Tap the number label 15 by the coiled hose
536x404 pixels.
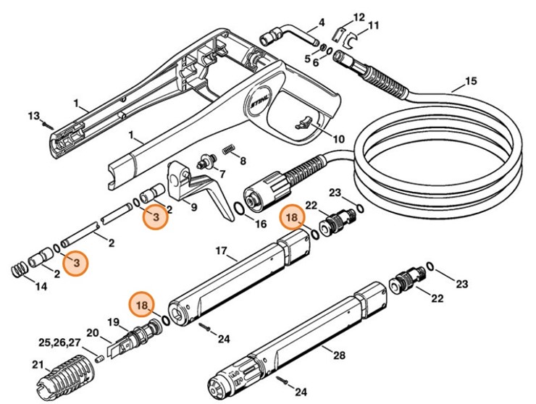[x=471, y=81]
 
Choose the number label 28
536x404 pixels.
[x=338, y=355]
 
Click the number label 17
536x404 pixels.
[x=222, y=252]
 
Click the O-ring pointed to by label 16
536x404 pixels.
[x=238, y=209]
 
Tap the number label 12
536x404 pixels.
[x=359, y=17]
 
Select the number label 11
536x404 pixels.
[x=373, y=26]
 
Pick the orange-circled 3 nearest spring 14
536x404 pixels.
[x=75, y=263]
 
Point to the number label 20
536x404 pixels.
[x=93, y=332]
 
